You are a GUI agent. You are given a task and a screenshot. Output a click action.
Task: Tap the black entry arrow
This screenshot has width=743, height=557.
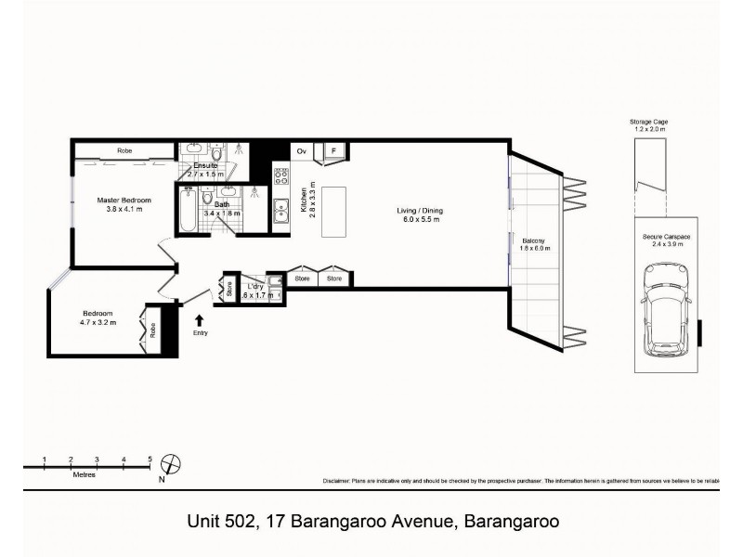click(200, 320)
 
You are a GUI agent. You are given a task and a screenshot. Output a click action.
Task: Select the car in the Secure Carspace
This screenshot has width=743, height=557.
click(663, 311)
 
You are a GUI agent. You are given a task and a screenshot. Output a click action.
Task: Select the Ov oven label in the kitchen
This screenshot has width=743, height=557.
click(301, 150)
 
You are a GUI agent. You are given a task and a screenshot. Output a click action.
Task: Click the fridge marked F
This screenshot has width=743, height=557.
click(332, 150)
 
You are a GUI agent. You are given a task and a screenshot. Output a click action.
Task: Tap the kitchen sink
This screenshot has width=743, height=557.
click(281, 211)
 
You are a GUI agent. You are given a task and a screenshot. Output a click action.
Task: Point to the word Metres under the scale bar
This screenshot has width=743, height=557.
click(85, 474)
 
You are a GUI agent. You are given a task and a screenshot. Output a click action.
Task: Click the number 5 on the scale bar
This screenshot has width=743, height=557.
click(150, 459)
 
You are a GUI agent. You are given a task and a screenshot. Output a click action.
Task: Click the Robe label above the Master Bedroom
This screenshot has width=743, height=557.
click(124, 150)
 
